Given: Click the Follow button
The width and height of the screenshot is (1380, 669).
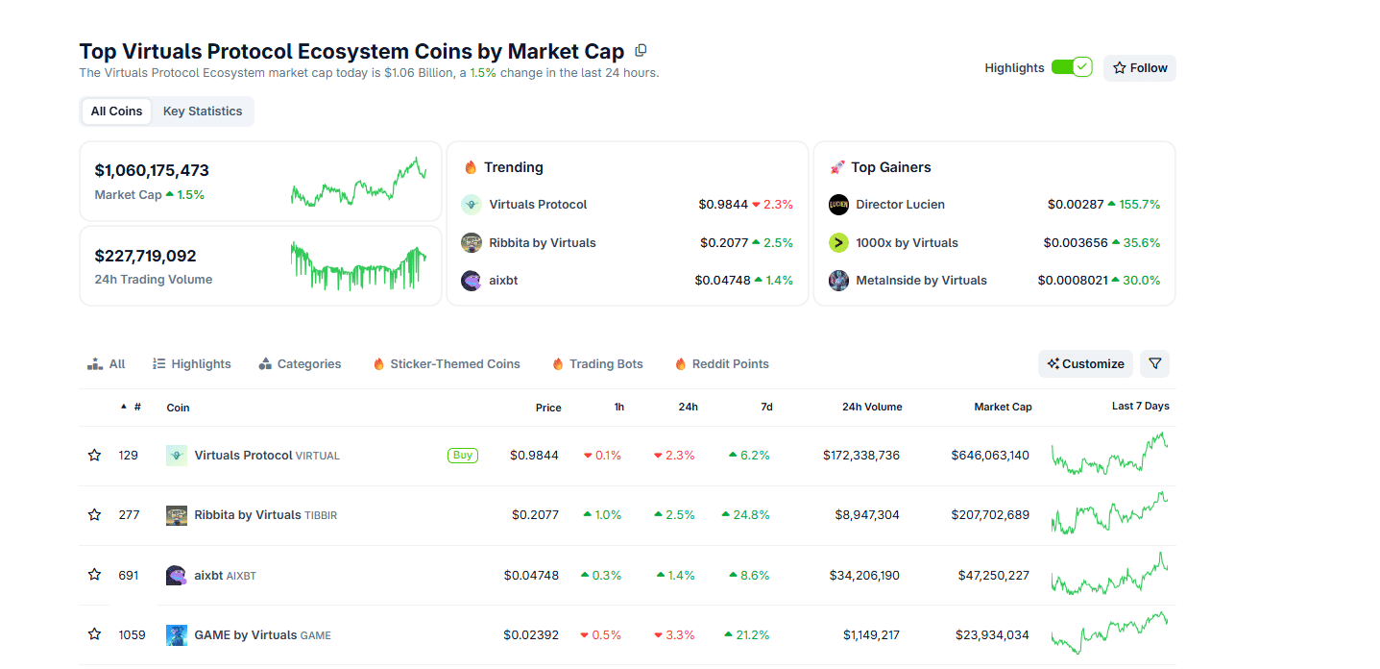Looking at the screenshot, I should click(1139, 68).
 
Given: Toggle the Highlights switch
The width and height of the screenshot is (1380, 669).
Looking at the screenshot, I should click(1071, 67).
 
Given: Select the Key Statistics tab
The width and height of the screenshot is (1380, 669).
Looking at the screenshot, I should click(203, 111).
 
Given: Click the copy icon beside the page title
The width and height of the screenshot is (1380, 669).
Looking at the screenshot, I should click(642, 50).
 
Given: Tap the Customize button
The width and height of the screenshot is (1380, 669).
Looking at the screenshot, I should click(1085, 364).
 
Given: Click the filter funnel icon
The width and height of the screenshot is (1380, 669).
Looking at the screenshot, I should click(1154, 364).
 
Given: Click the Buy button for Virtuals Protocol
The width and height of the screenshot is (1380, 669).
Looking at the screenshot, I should click(463, 456).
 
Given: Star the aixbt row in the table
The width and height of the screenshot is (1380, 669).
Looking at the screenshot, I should click(94, 575).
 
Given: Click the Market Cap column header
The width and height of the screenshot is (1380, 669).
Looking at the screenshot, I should click(1003, 408).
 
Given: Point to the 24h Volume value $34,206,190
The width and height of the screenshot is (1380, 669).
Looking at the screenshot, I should click(864, 576).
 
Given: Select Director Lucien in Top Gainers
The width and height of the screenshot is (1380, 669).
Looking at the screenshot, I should click(900, 205).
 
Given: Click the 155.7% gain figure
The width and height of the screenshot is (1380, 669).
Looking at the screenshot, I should click(1139, 205).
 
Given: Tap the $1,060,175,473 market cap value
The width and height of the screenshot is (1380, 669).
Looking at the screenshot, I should click(152, 171).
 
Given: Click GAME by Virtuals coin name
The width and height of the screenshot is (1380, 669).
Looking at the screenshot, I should click(245, 635).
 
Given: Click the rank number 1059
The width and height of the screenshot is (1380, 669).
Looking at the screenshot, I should click(132, 635).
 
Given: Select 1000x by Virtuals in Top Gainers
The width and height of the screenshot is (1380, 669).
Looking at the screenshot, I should click(907, 243).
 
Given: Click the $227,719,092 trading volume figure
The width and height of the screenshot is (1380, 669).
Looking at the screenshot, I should click(145, 257).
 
